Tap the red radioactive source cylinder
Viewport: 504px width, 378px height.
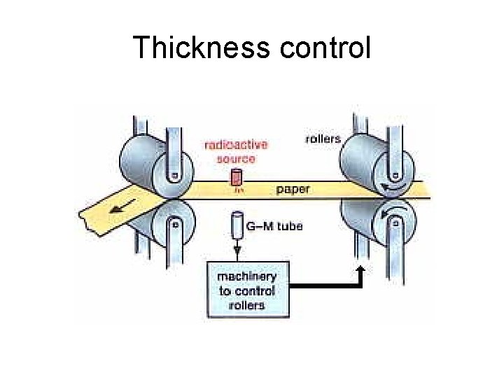(x=237, y=176)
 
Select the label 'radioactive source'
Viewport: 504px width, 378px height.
(x=236, y=152)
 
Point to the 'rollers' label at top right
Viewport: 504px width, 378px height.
(x=323, y=139)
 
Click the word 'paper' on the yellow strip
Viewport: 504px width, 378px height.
(x=293, y=189)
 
